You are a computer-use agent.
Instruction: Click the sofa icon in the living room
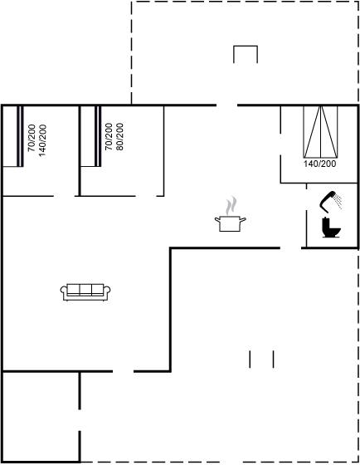(x=85, y=291)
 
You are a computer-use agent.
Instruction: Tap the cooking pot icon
(x=231, y=223)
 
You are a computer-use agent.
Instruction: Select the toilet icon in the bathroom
(x=331, y=228)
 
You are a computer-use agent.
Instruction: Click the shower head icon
(x=328, y=201)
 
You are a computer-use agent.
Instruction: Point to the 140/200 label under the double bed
(x=319, y=164)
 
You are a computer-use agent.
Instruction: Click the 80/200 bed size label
(x=119, y=137)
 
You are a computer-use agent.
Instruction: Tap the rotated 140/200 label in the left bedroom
(x=42, y=140)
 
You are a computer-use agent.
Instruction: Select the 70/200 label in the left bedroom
(x=32, y=138)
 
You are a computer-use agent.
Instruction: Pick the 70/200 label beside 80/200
(x=109, y=137)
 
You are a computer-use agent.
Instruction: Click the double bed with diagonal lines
(x=320, y=132)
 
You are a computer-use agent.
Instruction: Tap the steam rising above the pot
(x=231, y=206)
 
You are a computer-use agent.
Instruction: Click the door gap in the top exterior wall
(x=226, y=105)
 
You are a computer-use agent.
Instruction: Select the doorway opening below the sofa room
(x=124, y=371)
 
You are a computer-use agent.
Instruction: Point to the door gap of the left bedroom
(x=64, y=196)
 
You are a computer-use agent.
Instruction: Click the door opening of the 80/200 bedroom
(x=146, y=196)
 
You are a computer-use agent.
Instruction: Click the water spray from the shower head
(x=338, y=201)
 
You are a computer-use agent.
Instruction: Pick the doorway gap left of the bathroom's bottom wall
(x=290, y=247)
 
